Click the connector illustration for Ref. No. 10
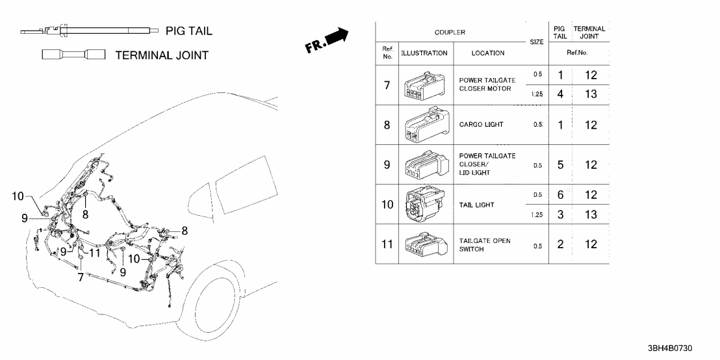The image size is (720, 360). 425,204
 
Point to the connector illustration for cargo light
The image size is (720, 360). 425,125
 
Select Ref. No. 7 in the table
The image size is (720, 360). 387,84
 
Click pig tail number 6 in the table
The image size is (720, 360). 560,195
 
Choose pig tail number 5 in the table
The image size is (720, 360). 560,164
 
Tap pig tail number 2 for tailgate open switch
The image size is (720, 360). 560,244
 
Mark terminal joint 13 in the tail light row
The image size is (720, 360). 590,214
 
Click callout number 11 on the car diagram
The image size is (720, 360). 94,253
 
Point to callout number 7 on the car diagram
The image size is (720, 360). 80,277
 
